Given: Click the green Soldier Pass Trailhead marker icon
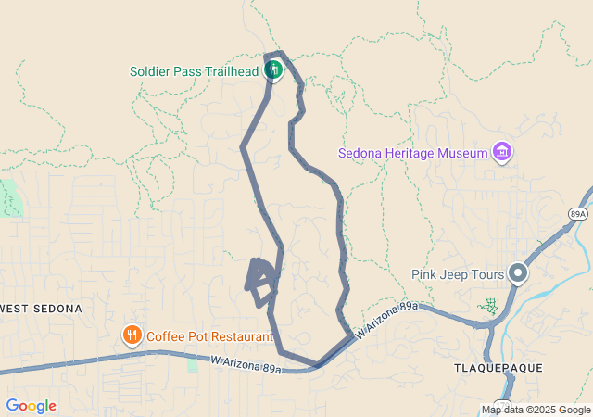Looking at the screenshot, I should click(x=273, y=69).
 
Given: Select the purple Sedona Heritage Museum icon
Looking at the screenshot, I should click(x=503, y=151).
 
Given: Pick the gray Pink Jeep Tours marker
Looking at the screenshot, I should click(x=517, y=273).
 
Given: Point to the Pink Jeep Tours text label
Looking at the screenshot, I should click(x=458, y=274).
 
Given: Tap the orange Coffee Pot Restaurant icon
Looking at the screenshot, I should click(x=132, y=335).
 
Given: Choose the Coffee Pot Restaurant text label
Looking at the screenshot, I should click(x=209, y=336).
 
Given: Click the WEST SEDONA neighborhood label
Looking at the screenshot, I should click(x=41, y=308).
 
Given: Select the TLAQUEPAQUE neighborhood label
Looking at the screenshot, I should click(x=498, y=368).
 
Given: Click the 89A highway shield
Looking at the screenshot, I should click(x=578, y=213).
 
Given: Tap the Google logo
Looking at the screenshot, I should click(x=31, y=406).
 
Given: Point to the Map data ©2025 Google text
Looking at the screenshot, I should click(x=536, y=410).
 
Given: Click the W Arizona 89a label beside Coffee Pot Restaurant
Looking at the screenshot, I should click(x=246, y=365).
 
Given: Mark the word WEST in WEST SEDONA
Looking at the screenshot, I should click(x=16, y=308).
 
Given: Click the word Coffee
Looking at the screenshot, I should click(x=168, y=336).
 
